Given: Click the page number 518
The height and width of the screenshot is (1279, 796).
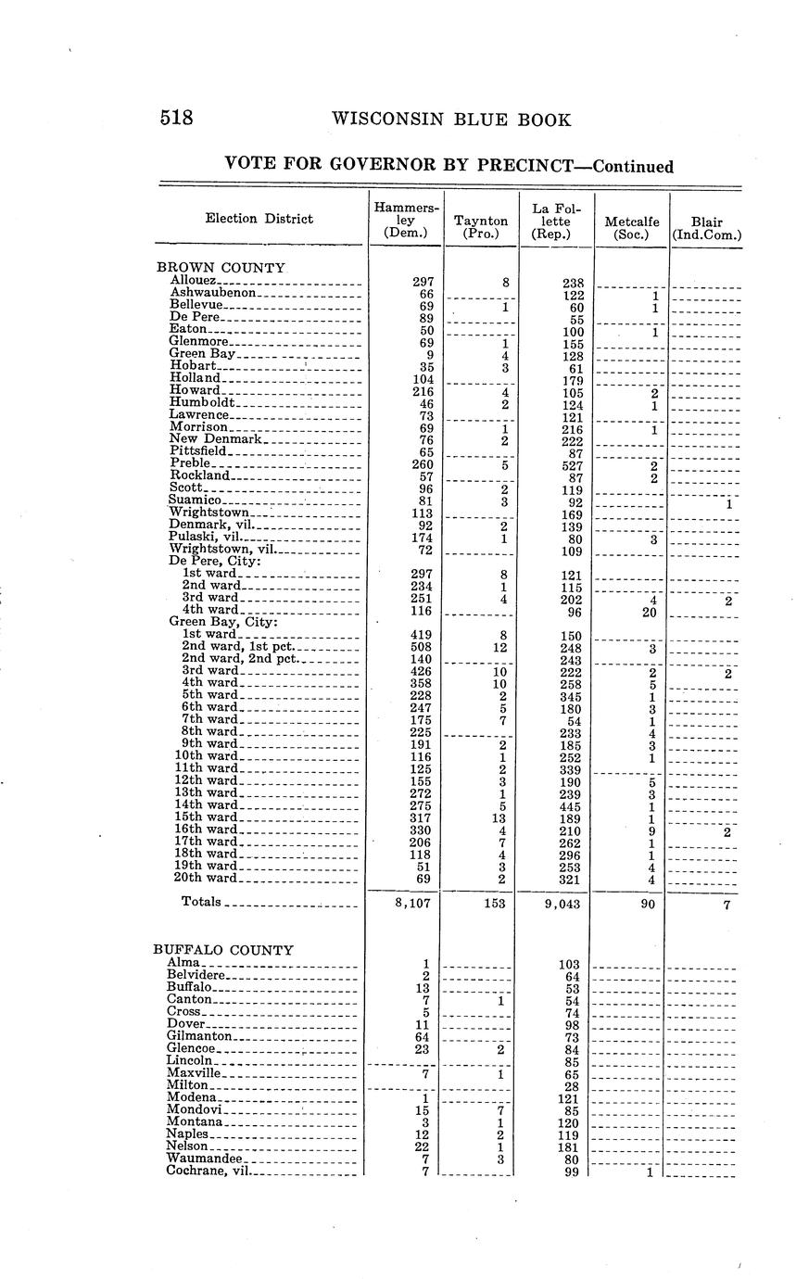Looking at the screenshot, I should [175, 119].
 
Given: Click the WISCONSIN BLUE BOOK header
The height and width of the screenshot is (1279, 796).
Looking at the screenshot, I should [450, 120].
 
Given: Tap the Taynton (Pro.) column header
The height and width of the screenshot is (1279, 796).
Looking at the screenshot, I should [481, 227].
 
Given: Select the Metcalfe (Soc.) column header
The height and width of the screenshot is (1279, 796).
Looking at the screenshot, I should [631, 227].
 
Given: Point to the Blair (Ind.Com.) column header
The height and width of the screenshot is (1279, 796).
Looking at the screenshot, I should [706, 227].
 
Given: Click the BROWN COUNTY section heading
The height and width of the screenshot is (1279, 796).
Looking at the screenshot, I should [219, 267].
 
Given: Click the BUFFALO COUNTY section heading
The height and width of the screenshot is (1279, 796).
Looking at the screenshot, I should [222, 950].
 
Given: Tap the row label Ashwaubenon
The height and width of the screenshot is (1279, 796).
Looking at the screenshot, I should [212, 292].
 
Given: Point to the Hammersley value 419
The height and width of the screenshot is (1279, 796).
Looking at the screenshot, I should [420, 635].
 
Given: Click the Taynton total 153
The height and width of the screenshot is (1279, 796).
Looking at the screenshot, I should [494, 904].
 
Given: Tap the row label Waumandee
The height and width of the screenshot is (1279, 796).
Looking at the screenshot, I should [204, 1159].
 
